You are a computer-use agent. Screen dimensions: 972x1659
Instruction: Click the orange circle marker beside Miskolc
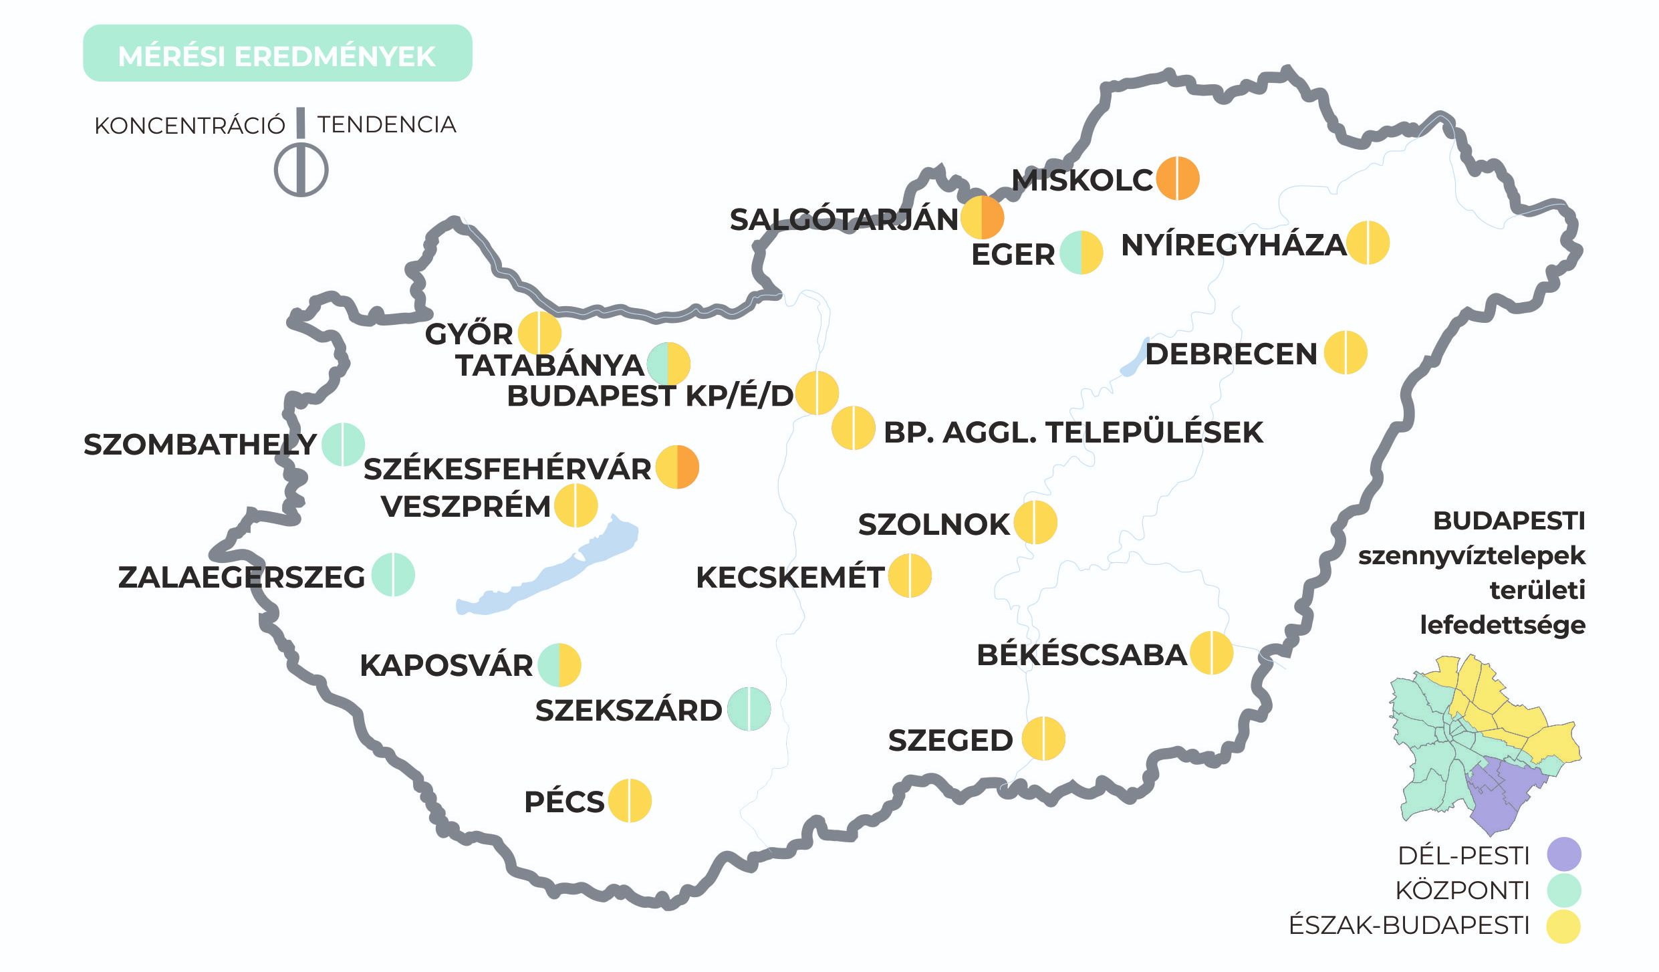click(1178, 178)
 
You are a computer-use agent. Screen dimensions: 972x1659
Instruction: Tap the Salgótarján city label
click(844, 220)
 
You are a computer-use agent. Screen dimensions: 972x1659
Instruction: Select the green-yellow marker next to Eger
click(1081, 253)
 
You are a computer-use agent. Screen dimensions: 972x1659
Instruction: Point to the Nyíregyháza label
click(1233, 245)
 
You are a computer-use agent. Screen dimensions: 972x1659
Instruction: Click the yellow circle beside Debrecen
click(1346, 352)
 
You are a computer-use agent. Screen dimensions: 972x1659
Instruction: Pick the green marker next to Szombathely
click(343, 444)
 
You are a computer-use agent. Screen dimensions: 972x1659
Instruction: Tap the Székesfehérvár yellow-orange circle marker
click(677, 467)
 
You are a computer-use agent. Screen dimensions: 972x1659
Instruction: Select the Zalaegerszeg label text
click(241, 577)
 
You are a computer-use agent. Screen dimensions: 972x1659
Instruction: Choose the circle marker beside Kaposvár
click(559, 664)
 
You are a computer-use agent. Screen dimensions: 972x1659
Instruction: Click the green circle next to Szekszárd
click(749, 709)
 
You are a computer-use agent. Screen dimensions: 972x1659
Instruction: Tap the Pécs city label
click(564, 802)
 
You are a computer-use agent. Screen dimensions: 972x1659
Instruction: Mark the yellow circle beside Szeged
click(1043, 738)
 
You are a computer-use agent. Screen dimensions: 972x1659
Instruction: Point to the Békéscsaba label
click(1081, 655)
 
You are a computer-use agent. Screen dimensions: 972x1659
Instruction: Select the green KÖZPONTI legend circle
click(1564, 890)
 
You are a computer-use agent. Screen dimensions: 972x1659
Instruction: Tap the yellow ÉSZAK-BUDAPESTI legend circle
click(1564, 926)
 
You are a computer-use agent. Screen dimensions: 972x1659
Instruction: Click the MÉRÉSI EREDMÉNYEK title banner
click(277, 53)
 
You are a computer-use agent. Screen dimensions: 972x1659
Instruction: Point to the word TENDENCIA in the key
click(386, 124)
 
